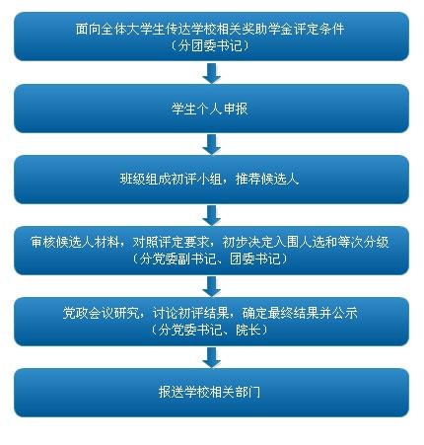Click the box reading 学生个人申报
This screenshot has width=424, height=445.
211,109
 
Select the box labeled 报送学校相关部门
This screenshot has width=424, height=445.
211,393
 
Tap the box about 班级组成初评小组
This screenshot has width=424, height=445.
211,180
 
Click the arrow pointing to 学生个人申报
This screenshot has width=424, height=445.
211,73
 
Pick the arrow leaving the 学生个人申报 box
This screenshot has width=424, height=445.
211,144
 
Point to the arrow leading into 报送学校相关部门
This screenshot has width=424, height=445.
211,357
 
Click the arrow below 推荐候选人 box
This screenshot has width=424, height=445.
211,215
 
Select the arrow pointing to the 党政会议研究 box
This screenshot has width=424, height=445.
211,286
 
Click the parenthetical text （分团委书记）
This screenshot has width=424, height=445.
210,45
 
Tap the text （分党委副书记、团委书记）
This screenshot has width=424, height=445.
210,259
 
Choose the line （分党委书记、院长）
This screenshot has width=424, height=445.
210,330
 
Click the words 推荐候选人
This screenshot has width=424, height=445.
267,180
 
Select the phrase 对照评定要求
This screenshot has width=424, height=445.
171,242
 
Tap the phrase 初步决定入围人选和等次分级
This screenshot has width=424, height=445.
306,242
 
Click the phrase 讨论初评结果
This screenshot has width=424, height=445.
190,313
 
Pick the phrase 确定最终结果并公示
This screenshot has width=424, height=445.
300,313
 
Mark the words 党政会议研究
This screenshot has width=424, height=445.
101,313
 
